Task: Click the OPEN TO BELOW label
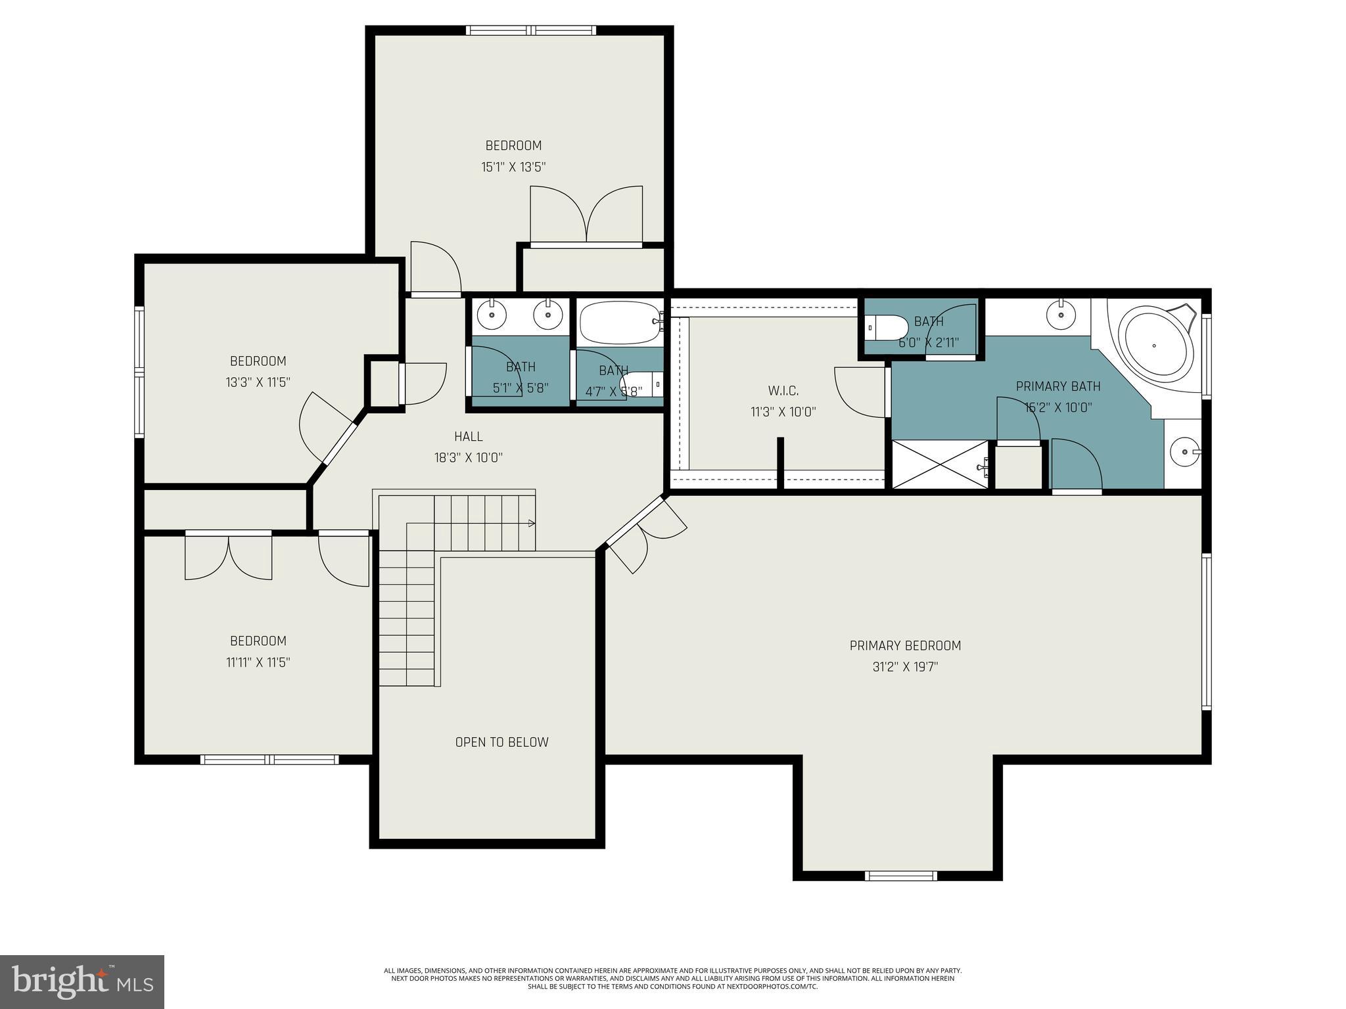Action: [501, 742]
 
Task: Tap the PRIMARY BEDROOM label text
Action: [905, 646]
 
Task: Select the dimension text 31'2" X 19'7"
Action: [905, 667]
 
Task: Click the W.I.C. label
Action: [783, 391]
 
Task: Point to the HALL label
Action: [469, 436]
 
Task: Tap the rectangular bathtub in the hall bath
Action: [620, 323]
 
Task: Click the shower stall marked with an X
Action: [940, 465]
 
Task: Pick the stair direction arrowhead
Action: [532, 524]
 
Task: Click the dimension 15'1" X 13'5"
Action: [513, 167]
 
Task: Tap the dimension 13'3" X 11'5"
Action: [258, 382]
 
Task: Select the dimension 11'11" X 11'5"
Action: [258, 662]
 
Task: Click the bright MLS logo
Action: [82, 981]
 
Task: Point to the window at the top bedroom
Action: [531, 30]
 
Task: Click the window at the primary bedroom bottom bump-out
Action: [900, 875]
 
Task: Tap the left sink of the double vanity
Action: [492, 315]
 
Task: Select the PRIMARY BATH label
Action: [1057, 386]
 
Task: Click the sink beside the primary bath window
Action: [1184, 452]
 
